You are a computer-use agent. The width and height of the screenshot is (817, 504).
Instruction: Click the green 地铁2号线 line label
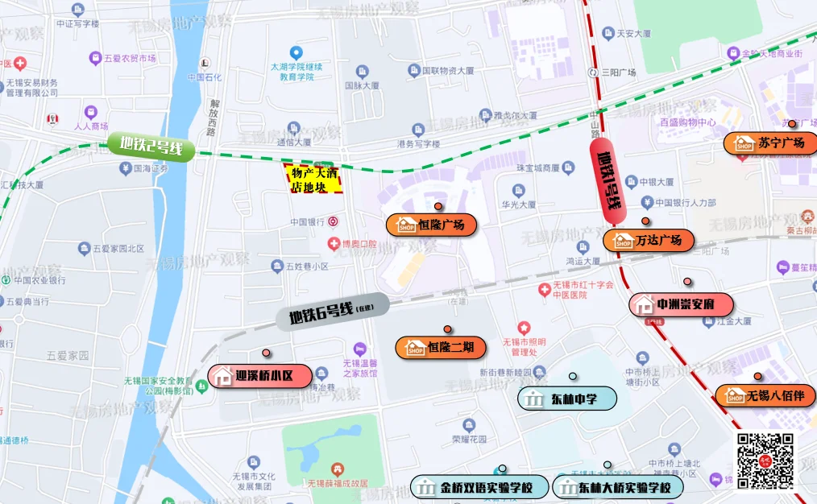(152, 147)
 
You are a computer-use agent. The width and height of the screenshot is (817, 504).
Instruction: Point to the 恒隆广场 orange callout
(432, 225)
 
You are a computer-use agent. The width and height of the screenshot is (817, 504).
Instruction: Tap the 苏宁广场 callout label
(770, 143)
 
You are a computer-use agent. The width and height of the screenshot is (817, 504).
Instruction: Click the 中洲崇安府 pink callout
(682, 305)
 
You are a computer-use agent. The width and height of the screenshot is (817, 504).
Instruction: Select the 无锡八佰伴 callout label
(765, 395)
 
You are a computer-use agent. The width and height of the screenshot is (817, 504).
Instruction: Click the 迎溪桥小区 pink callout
(260, 375)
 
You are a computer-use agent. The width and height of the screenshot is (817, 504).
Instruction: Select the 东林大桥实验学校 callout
(617, 487)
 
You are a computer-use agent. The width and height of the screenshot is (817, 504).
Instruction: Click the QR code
(765, 461)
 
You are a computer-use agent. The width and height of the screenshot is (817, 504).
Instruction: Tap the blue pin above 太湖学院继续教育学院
(296, 53)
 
